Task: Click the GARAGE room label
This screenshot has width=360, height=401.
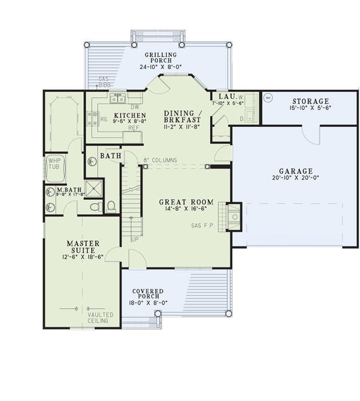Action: (x=294, y=171)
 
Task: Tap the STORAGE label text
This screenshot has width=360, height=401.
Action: (x=310, y=101)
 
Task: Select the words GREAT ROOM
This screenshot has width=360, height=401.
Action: (x=186, y=202)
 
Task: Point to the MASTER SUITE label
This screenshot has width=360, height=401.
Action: (x=82, y=246)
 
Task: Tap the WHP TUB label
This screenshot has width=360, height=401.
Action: (x=54, y=164)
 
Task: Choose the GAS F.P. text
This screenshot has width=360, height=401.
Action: (x=203, y=225)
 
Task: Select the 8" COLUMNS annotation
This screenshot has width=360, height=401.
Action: (x=160, y=160)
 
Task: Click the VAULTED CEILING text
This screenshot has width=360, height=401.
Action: (x=100, y=318)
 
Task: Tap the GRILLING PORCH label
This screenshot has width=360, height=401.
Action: (x=161, y=57)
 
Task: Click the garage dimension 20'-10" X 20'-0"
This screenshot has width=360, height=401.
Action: (x=294, y=180)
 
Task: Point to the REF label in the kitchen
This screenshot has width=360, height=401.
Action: (x=134, y=127)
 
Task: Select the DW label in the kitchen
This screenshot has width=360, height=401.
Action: (x=134, y=107)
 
